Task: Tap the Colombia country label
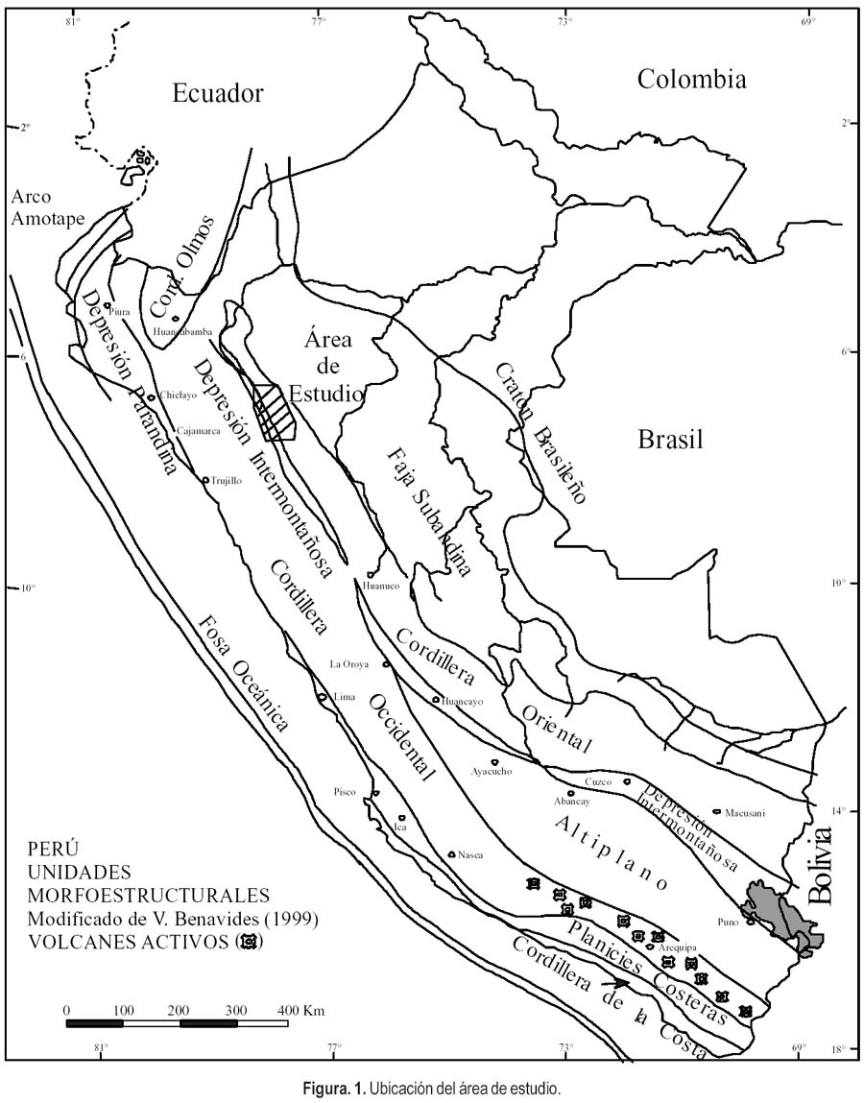pos(691,79)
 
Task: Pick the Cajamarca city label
pos(200,431)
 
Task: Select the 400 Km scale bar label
pos(300,1010)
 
